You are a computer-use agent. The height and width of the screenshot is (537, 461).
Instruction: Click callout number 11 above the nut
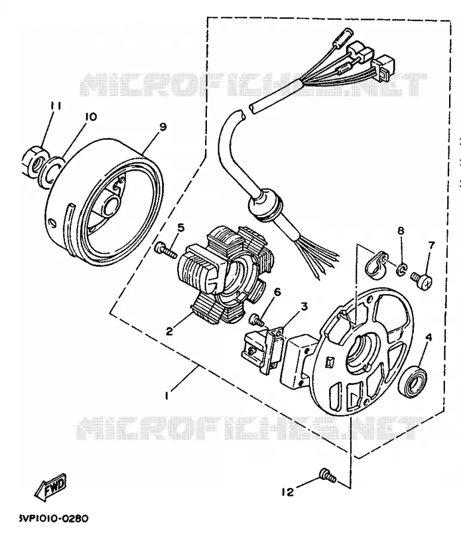(x=56, y=106)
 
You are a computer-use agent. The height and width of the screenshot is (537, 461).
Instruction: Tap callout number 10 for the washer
(x=91, y=117)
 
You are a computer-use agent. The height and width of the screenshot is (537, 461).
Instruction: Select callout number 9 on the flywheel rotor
(x=163, y=127)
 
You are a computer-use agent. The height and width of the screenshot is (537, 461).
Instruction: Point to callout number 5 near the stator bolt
(x=181, y=227)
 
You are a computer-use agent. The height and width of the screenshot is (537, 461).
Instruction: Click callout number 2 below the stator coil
(x=169, y=331)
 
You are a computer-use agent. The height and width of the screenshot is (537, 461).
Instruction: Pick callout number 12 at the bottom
(x=287, y=492)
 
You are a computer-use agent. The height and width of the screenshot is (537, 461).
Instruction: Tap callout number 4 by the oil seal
(x=428, y=337)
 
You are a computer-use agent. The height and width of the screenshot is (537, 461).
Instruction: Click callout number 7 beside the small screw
(x=431, y=246)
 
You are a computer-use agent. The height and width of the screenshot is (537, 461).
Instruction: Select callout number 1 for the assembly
(x=166, y=396)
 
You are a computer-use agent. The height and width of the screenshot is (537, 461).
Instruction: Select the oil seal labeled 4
(x=414, y=381)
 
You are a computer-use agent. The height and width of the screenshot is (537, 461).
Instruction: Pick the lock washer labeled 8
(x=401, y=269)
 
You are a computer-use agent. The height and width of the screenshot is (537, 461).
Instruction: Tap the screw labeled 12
(x=327, y=476)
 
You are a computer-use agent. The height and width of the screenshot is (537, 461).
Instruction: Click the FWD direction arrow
(x=51, y=487)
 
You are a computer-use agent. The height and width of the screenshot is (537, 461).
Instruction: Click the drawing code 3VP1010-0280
(x=54, y=518)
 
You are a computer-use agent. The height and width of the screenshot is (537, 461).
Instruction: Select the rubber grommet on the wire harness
(x=265, y=205)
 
